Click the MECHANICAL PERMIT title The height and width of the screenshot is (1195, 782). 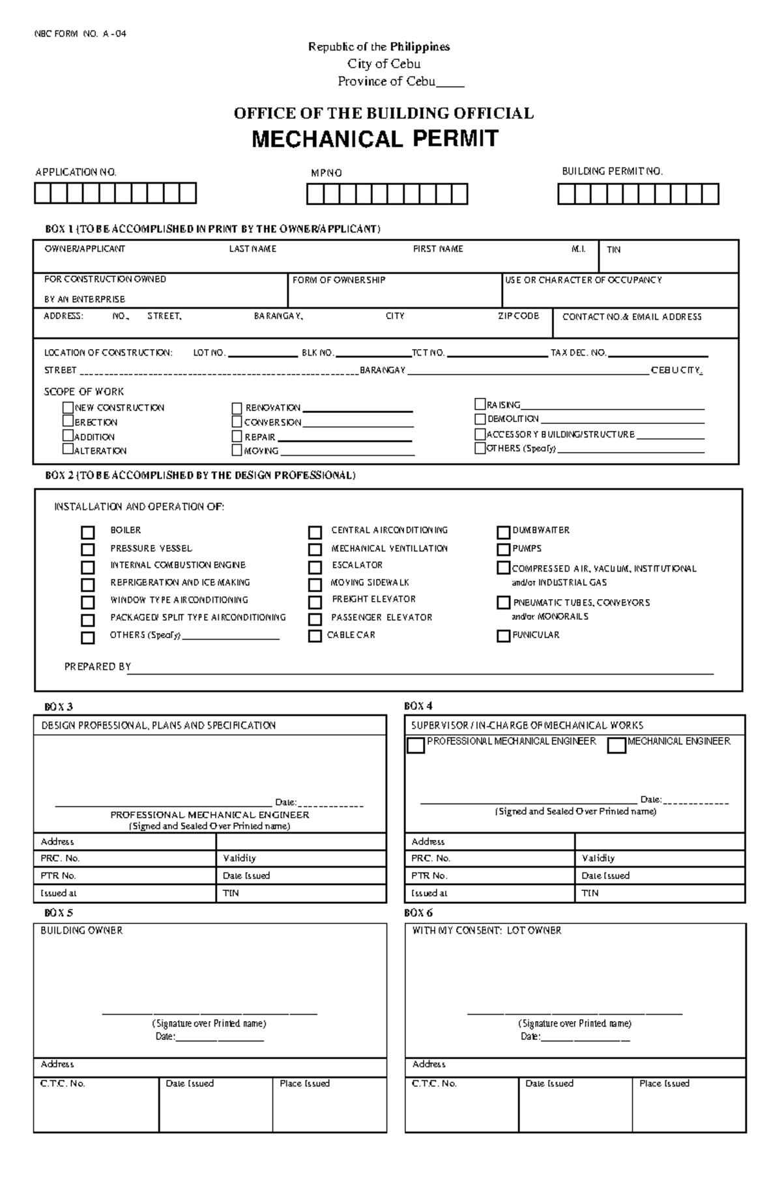(375, 139)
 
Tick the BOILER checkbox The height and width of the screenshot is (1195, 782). (88, 532)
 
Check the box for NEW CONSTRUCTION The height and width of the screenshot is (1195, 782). (68, 407)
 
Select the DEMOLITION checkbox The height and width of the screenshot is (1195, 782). (480, 419)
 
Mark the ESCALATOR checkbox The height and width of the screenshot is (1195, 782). (315, 567)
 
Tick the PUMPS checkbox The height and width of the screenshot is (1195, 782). (503, 549)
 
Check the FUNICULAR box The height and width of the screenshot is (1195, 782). (503, 636)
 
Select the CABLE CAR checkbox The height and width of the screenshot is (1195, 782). (315, 636)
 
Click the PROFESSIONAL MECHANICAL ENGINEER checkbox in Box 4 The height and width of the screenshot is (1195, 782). (416, 745)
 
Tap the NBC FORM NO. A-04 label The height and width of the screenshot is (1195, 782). (80, 34)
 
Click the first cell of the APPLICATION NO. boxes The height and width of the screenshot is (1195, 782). (43, 193)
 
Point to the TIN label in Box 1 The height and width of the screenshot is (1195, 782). (613, 249)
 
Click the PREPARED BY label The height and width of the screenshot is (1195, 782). (98, 666)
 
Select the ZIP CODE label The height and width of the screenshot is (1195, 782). (518, 316)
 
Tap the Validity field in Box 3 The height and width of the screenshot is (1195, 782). (301, 858)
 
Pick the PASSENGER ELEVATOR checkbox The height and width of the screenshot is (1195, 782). (315, 619)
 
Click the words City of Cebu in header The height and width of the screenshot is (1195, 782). (384, 64)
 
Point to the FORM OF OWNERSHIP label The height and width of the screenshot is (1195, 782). (339, 280)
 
